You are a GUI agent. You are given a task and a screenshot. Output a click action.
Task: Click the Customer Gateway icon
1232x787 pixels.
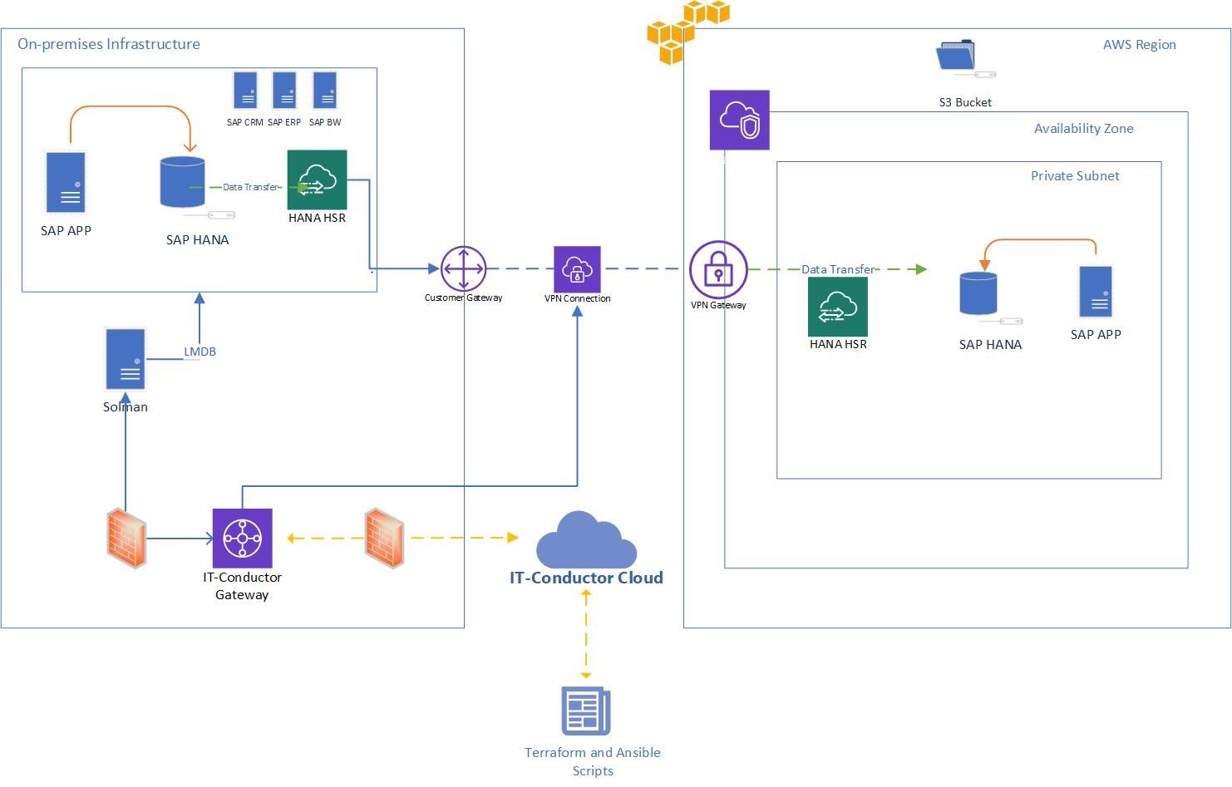(463, 268)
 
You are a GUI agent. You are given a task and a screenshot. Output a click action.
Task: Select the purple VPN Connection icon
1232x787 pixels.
(577, 269)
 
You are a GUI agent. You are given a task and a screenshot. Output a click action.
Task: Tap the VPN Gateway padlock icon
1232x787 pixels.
(718, 270)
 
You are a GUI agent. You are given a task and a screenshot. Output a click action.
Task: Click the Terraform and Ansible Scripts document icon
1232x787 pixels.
(586, 711)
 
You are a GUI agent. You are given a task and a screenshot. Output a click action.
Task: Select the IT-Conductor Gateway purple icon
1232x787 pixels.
(242, 538)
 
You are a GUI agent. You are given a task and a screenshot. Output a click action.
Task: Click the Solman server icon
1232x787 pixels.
(126, 359)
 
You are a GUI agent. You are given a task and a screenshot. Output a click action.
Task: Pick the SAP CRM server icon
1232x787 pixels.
(245, 91)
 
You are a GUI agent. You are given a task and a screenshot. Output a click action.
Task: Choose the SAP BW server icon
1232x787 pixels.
(324, 91)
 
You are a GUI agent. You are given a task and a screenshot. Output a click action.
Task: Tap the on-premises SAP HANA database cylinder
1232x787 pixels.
(182, 182)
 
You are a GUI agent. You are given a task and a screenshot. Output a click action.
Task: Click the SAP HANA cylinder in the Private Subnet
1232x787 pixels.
(978, 293)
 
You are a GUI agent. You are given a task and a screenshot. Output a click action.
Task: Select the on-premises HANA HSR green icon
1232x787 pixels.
(317, 180)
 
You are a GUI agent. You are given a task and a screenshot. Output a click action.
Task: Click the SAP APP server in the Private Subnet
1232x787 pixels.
(1096, 292)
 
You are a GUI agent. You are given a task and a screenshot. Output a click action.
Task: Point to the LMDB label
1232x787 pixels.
(200, 352)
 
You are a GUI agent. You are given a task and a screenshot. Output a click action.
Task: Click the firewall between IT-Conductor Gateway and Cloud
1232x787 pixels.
(384, 538)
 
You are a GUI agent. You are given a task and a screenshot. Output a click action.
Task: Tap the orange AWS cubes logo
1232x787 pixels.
(686, 32)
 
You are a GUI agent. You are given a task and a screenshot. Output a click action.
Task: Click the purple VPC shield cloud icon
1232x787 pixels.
(739, 120)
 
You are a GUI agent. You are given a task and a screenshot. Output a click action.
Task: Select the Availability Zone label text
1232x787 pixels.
(1083, 128)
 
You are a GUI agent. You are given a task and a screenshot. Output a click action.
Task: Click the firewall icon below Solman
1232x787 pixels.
(126, 538)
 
